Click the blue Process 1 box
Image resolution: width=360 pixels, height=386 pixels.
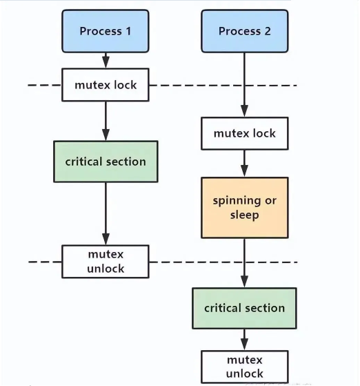tap(105, 31)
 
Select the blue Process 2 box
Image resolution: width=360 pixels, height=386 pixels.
tap(243, 31)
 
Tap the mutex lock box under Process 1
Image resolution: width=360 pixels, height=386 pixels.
tap(106, 86)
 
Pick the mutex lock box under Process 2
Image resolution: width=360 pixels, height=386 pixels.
tap(244, 133)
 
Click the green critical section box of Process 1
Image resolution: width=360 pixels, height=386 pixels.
tap(106, 162)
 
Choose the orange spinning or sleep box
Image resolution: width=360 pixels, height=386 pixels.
tap(244, 208)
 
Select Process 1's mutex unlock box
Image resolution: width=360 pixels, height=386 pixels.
tap(106, 261)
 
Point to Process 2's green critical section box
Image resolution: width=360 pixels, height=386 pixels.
tap(244, 308)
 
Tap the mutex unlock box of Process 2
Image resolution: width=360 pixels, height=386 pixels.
tap(244, 367)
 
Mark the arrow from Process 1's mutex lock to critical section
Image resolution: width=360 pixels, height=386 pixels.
tap(106, 121)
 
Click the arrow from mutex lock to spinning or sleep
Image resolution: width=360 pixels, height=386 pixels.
tap(244, 164)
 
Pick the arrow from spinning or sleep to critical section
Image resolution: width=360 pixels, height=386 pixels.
tap(244, 263)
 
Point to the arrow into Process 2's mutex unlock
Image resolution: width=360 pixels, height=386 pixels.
tap(244, 339)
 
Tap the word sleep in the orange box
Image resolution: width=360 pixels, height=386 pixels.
tap(244, 215)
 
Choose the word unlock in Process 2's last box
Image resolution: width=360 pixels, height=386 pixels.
tap(244, 374)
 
